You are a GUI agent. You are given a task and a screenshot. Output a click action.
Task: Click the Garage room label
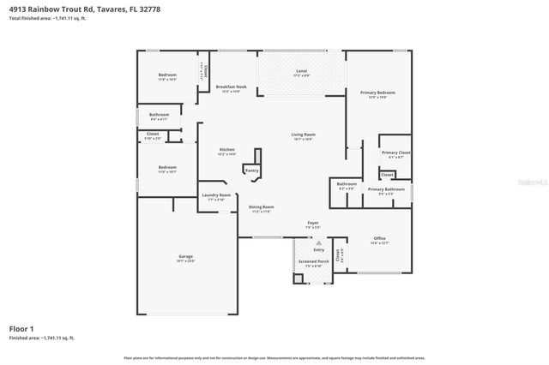186,257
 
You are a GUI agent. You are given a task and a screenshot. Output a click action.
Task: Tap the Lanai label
301,72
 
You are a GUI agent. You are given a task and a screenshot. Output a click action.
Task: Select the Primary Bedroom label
377,93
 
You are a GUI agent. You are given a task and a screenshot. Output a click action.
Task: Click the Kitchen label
227,151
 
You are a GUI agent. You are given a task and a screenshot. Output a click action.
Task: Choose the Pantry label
252,171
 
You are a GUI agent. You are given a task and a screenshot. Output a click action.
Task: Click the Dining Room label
261,207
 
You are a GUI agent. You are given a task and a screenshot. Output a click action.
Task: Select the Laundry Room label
216,196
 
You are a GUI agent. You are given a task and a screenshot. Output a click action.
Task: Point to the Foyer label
314,224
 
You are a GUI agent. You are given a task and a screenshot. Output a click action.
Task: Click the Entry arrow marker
319,243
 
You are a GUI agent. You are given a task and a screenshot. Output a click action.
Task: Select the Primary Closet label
395,153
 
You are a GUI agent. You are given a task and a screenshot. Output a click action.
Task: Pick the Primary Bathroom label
386,190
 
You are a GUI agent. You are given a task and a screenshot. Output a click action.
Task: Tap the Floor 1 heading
21,329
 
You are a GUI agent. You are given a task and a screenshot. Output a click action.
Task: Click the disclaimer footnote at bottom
274,356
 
